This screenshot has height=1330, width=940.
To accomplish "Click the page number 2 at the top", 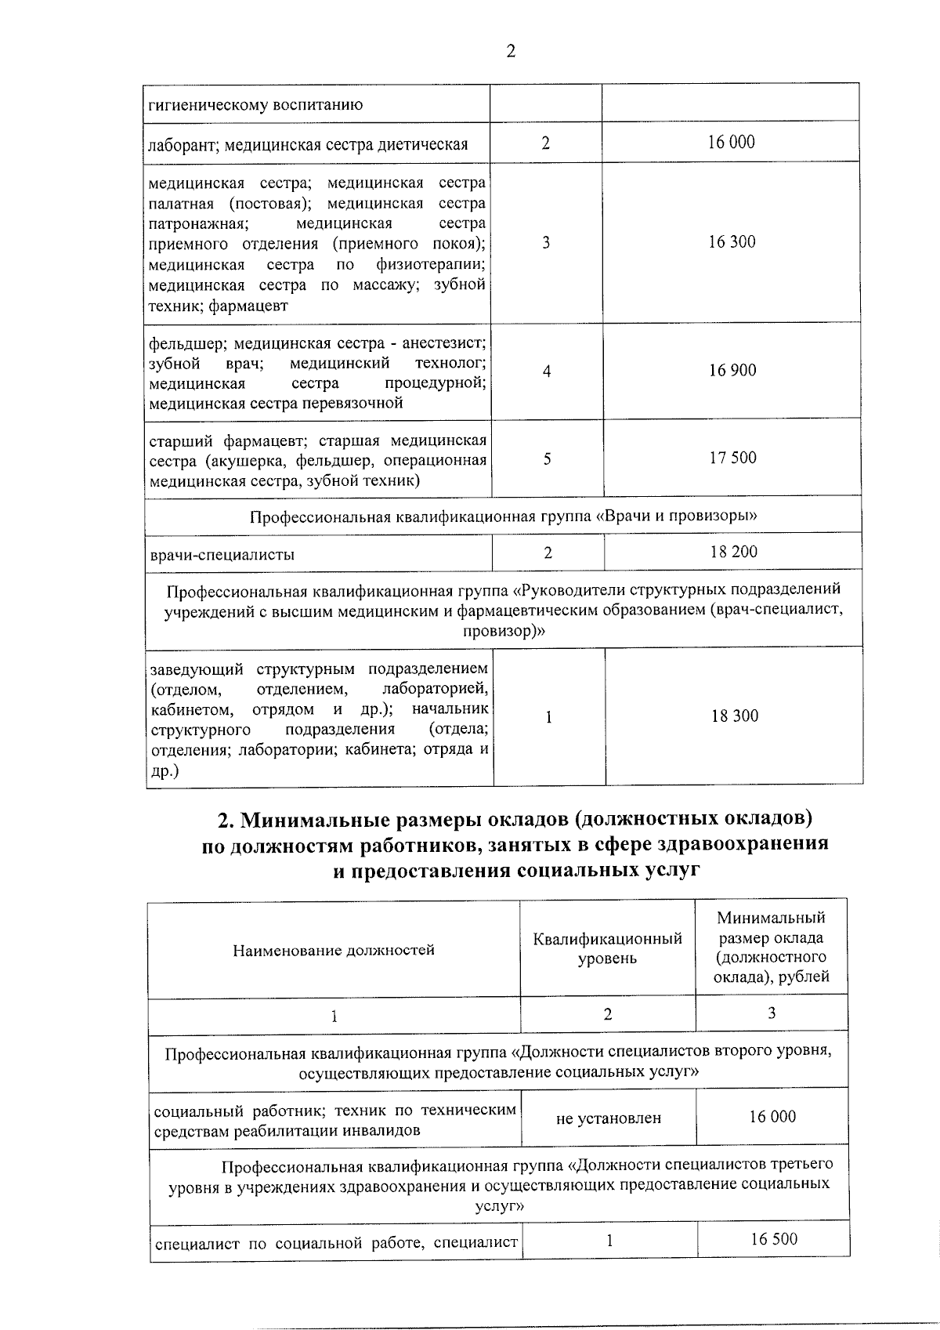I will coord(511,52).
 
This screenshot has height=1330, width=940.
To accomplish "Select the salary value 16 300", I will coord(732,242).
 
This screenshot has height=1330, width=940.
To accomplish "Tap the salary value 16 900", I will coord(732,370).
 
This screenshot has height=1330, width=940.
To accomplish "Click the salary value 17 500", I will coord(732,458).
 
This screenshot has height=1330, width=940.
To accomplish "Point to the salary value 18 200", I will coord(733,552).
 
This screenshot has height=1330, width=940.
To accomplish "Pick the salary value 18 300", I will coord(734,716).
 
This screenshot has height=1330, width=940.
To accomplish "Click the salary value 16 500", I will coord(773,1238).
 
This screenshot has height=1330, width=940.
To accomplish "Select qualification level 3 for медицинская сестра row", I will coord(545,242).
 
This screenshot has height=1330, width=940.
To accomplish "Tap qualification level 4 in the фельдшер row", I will coord(546,371).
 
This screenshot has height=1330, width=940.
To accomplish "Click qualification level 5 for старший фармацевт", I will coord(547,458).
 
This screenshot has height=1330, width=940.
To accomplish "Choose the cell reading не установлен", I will coord(608,1118).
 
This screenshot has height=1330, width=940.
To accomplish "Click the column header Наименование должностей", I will coord(333,950).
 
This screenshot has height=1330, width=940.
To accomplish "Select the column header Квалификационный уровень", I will coord(607,948).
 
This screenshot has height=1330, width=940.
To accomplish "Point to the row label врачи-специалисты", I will coord(222,555).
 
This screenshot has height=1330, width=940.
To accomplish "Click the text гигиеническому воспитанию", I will coord(255,105).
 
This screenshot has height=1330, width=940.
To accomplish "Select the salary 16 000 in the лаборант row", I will coord(731,142).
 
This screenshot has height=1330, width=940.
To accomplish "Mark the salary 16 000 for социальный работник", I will coord(772,1117).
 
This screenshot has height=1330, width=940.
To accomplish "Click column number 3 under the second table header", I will coord(771,1013).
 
